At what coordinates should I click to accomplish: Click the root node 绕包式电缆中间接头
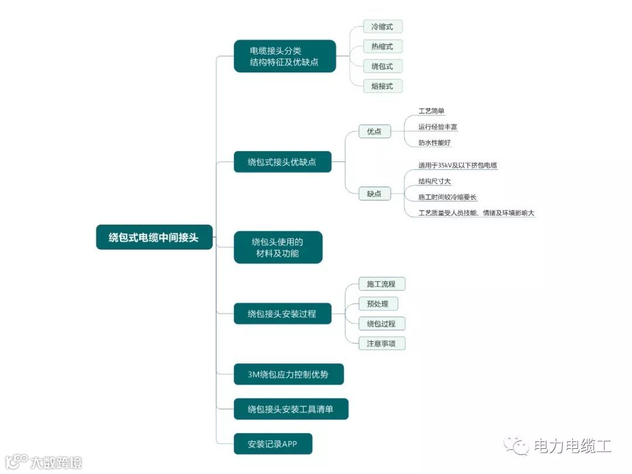coord(154,237)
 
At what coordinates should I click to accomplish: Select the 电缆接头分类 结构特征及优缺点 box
coord(284,56)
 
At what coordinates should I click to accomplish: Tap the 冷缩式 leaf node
coord(383,26)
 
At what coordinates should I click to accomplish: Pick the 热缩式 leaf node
coord(383,46)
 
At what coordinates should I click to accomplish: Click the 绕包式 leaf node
coord(383,66)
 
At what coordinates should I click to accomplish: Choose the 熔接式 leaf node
coord(383,86)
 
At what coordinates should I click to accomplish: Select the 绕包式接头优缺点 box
coord(282,162)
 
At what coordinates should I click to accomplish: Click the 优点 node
coord(374,132)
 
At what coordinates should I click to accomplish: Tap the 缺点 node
coord(374,194)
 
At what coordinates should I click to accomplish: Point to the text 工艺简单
coord(432,111)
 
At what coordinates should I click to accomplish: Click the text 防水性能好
coord(434,142)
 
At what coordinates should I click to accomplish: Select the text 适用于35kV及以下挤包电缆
coord(458,165)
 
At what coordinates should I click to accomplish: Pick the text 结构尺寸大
coord(434,181)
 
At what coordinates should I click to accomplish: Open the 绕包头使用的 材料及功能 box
coord(278,247)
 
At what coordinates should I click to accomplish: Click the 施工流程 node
coord(382,284)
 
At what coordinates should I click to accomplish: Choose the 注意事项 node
coord(382,344)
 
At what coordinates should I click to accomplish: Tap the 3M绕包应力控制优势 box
coord(288,374)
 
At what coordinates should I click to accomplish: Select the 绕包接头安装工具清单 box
coord(291,409)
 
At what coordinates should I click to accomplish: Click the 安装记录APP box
coord(273,444)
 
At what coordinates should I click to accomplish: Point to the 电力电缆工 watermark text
coord(572,446)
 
